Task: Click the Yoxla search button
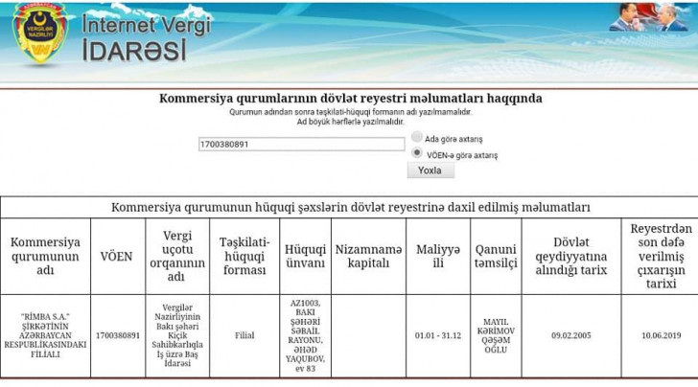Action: (430, 170)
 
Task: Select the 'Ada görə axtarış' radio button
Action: (417, 138)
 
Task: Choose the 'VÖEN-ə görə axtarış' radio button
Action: (417, 152)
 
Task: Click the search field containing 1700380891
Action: (301, 145)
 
